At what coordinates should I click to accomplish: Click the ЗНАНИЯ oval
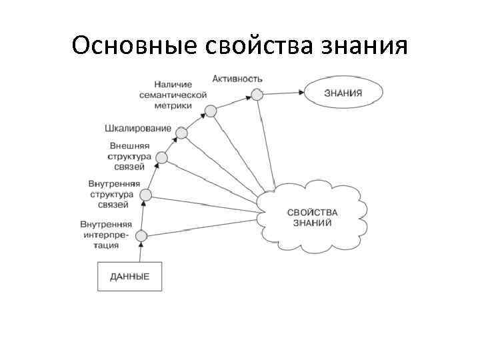(343, 93)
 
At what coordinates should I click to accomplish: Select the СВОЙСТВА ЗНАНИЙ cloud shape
(312, 217)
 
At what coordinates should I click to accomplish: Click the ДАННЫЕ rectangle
(130, 276)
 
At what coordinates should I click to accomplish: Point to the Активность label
(237, 79)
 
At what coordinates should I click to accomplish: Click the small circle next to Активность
(257, 95)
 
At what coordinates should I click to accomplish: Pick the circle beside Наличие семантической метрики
(211, 111)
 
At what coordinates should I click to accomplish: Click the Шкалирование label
(137, 128)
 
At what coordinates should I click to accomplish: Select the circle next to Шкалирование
(181, 133)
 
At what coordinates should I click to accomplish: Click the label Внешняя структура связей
(130, 156)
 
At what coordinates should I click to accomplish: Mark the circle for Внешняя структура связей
(161, 158)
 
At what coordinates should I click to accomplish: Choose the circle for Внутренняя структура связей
(146, 195)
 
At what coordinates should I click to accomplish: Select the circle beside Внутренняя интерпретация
(141, 235)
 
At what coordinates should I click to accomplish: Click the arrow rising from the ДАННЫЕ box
(141, 252)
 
